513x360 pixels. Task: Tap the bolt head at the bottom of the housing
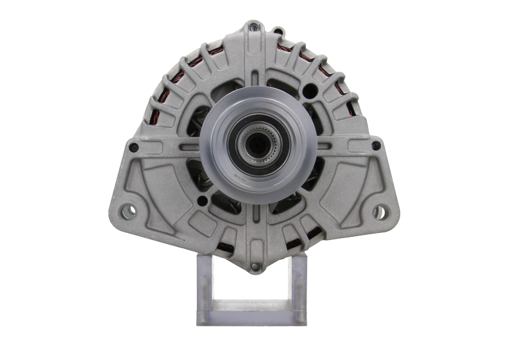(x=255, y=266)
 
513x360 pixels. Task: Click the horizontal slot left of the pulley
(x=192, y=147)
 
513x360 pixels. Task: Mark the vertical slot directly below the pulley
(x=256, y=212)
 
